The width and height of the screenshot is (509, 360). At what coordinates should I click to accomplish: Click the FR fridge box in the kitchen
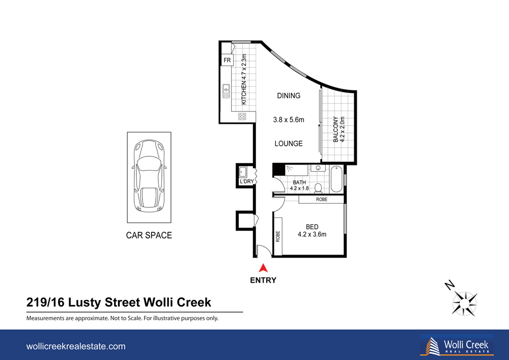pos(227,61)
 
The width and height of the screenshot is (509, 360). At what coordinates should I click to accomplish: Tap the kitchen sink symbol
pos(226,92)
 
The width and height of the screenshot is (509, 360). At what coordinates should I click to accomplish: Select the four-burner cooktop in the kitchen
pos(242,117)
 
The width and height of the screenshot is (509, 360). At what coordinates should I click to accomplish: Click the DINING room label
pos(289,96)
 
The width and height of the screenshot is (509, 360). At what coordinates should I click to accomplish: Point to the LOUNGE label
pos(289,144)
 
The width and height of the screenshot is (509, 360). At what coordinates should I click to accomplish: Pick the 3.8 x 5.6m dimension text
pos(289,120)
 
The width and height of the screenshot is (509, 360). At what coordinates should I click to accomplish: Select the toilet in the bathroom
pos(319,187)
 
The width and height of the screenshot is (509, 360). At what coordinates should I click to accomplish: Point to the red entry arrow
pos(263,268)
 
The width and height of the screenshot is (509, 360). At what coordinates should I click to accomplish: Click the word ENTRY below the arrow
pos(263,280)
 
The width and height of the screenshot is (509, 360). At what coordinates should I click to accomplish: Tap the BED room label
pos(312,227)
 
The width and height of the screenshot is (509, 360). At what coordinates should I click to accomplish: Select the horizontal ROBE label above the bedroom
pos(322,200)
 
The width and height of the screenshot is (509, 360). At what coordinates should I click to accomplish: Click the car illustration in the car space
pos(149,177)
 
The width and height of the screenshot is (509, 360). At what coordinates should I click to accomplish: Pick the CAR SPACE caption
pos(149,236)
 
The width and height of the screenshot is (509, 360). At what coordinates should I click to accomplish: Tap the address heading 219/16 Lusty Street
pos(119,303)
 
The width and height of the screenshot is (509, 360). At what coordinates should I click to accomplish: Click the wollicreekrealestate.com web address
pos(75,346)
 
